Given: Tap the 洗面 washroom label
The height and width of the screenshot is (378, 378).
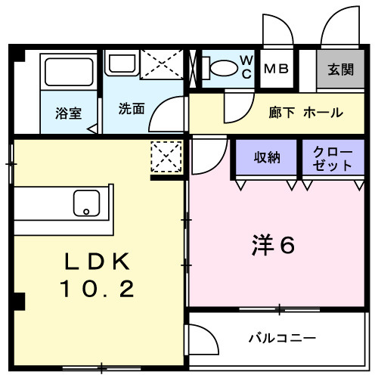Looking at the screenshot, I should pyautogui.click(x=131, y=108).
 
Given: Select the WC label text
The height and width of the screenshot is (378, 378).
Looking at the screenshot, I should pyautogui.click(x=246, y=67).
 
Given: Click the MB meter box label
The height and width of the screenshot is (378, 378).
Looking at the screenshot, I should pyautogui.click(x=276, y=69).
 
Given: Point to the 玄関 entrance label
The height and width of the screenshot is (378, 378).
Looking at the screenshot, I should pyautogui.click(x=340, y=70).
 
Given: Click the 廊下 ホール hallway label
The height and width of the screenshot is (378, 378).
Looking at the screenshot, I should pyautogui.click(x=305, y=113).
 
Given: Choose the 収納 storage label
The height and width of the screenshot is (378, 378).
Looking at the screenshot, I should pyautogui.click(x=266, y=158).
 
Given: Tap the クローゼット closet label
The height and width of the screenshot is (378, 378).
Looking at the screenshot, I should pyautogui.click(x=333, y=158).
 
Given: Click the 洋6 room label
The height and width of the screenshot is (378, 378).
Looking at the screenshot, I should pyautogui.click(x=271, y=246).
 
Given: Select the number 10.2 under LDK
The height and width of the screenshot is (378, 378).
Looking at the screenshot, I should pyautogui.click(x=99, y=288).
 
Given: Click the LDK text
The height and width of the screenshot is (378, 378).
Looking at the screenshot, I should pyautogui.click(x=98, y=262).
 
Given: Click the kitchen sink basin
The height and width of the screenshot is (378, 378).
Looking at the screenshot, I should pyautogui.click(x=87, y=202).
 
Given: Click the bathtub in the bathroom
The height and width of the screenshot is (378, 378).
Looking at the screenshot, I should pyautogui.click(x=67, y=73).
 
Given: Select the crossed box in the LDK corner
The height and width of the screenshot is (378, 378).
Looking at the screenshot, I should pyautogui.click(x=166, y=157).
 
